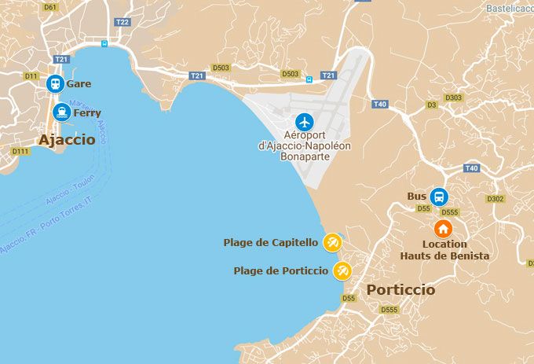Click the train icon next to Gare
point(55,83)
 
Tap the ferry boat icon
point(61,112)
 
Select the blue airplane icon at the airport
point(305,122)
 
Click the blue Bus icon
point(439,197)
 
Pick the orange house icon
point(444,229)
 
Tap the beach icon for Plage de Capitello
point(333,242)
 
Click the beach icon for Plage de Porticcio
point(342,271)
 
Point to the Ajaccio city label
point(67,140)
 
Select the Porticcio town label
point(400,290)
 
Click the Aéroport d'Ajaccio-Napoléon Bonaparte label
point(305,145)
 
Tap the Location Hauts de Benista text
point(444,250)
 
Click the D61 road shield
point(51,7)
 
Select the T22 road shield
point(122,22)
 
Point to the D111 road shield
point(20,151)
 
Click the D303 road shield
point(454,98)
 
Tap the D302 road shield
point(496,199)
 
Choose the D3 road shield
point(431,105)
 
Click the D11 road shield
point(31,76)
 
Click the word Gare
point(79,83)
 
